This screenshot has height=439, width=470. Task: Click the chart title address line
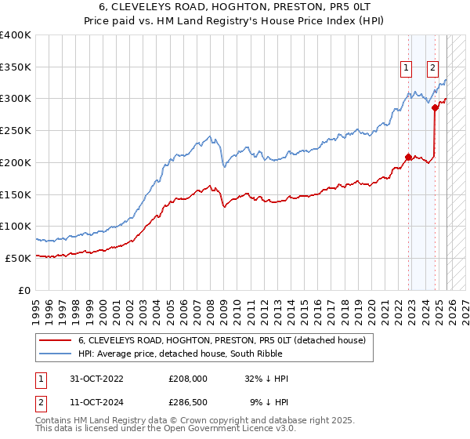click(235, 5)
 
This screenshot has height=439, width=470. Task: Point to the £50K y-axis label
click(18, 258)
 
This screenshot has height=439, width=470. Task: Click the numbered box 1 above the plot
click(407, 68)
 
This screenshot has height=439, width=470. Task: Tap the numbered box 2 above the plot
click(432, 68)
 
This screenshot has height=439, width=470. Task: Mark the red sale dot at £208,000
click(408, 157)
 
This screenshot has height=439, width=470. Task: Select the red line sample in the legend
click(55, 341)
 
